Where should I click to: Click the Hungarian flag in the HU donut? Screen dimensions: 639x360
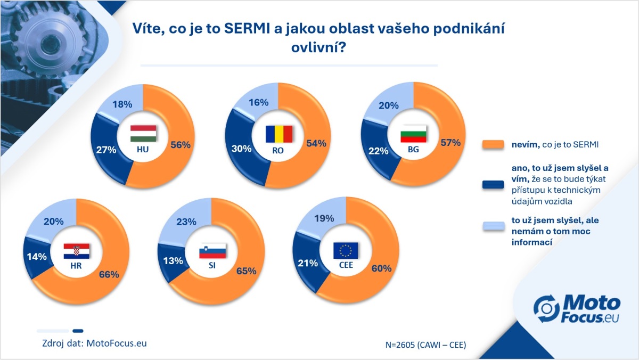click(143, 133)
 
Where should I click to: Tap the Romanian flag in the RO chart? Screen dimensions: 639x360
click(279, 134)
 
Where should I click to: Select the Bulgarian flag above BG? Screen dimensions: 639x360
click(413, 134)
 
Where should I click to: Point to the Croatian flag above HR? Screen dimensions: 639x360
click(77, 251)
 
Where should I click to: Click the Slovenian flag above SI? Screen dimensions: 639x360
click(212, 251)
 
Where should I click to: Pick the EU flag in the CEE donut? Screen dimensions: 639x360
click(346, 250)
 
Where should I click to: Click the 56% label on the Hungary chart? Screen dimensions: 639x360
click(181, 145)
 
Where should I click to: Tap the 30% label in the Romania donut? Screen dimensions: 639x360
click(241, 149)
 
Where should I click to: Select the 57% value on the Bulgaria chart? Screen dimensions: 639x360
click(450, 143)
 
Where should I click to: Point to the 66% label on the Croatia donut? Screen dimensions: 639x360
click(109, 274)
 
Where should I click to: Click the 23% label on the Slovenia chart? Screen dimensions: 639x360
click(186, 222)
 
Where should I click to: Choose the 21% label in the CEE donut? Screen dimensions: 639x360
click(308, 263)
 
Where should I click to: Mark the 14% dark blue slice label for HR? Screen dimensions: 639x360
click(37, 257)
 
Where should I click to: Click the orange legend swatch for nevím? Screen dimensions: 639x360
click(493, 144)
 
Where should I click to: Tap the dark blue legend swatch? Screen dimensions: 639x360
click(493, 185)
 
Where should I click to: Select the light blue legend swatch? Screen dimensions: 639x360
click(494, 226)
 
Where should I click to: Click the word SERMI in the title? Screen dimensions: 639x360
click(247, 29)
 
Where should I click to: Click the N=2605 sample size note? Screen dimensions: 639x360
click(425, 345)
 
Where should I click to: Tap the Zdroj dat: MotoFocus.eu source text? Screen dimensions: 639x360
click(94, 343)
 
